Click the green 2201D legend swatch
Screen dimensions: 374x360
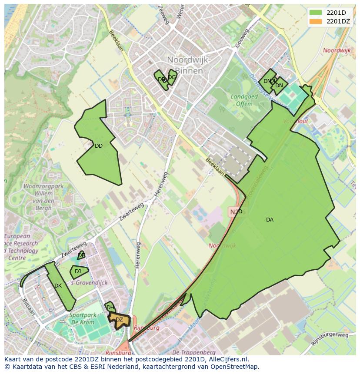[x=316, y=13]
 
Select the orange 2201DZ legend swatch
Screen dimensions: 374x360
[x=316, y=21]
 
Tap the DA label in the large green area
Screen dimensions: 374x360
[x=270, y=220]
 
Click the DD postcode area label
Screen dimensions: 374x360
[x=99, y=146]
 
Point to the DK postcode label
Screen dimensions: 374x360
[x=58, y=286]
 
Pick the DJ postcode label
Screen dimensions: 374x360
[x=78, y=271]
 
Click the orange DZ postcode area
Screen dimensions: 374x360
[x=119, y=320]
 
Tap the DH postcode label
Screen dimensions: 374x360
[x=110, y=308]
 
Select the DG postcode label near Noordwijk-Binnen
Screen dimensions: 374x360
[x=172, y=77]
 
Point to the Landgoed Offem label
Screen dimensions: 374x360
[x=244, y=100]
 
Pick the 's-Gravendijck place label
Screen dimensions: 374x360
[x=88, y=283]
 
